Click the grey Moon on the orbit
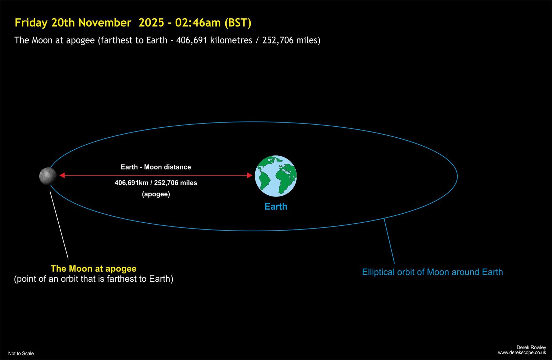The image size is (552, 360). [48, 176]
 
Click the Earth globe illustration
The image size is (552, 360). [276, 176]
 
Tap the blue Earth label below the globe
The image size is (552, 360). [276, 207]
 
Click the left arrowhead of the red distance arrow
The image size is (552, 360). [62, 175]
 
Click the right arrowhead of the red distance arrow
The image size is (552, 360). [250, 175]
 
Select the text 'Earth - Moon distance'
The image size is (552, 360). [156, 167]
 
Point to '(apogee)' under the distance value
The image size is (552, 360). [156, 194]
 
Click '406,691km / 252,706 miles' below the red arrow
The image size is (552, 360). [156, 183]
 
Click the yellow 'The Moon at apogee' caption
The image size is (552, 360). [93, 269]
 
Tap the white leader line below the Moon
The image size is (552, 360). [59, 225]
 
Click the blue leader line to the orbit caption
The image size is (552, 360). [389, 241]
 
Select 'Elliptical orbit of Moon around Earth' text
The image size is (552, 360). [433, 272]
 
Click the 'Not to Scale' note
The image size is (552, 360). [21, 353]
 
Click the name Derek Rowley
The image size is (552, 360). [531, 348]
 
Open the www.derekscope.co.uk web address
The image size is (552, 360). [522, 353]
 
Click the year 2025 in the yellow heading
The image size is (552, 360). [151, 23]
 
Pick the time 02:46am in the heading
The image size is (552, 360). [198, 23]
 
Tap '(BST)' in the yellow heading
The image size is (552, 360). [238, 23]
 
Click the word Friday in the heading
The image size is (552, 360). [31, 23]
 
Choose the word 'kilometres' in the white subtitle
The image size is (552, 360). [231, 40]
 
